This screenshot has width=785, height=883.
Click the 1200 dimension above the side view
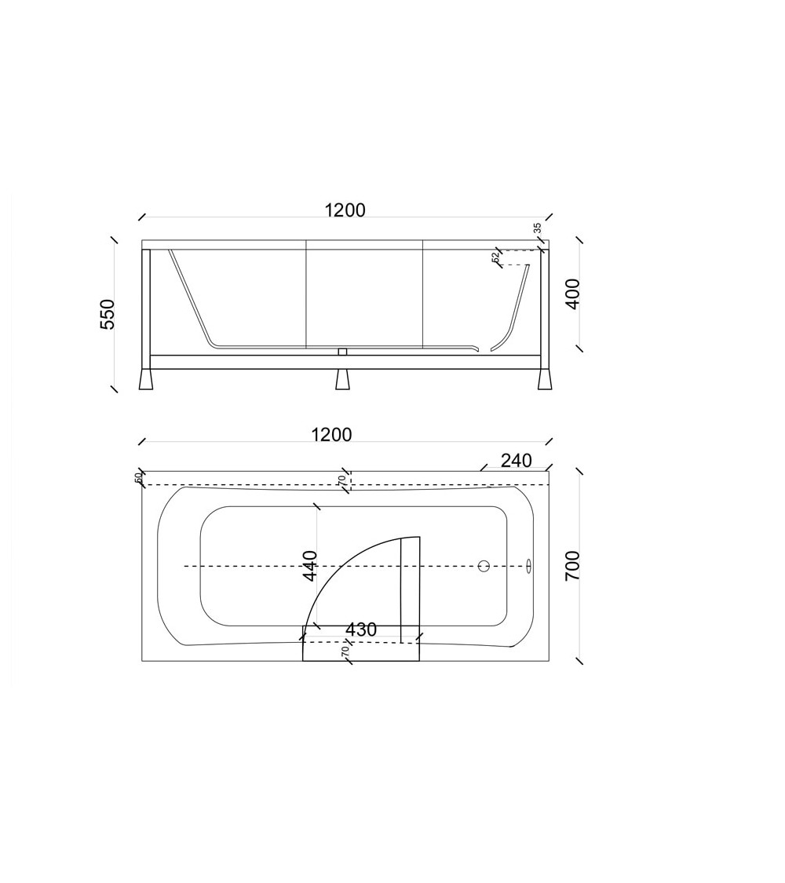(x=345, y=210)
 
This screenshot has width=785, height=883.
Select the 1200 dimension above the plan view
(x=332, y=435)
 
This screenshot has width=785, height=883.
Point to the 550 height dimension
(x=107, y=314)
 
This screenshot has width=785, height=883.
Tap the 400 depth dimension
(x=572, y=294)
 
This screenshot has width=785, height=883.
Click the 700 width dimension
(x=572, y=566)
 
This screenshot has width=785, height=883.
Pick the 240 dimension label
(x=517, y=461)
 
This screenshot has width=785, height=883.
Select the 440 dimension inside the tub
(x=310, y=565)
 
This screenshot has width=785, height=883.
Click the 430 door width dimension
(x=361, y=629)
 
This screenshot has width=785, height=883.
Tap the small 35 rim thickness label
(x=537, y=228)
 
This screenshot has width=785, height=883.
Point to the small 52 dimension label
(x=495, y=257)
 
